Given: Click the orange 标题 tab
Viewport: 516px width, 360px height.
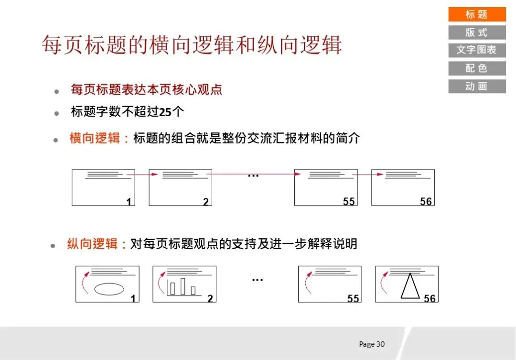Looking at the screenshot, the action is coord(476,14).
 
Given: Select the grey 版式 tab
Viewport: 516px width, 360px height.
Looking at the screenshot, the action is coord(476,33).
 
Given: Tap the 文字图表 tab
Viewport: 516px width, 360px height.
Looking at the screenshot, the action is coord(476,50).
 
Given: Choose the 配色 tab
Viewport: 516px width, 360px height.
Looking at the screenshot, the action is coord(476,68).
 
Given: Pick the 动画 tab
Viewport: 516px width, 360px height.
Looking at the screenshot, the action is coord(476,86).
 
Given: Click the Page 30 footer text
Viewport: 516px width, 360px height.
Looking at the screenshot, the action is coord(372,344).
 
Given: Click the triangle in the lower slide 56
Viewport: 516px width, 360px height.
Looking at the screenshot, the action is coord(409,286).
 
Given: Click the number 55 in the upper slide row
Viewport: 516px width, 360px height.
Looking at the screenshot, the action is coord(349,201).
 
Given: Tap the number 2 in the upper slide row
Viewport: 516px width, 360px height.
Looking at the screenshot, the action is coord(206,202).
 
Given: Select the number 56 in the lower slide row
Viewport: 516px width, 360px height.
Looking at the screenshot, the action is coord(430,298).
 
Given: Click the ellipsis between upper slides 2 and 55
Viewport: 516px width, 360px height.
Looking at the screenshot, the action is coord(253,175).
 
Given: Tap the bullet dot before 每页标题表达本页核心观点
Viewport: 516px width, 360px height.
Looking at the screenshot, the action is coord(57,91).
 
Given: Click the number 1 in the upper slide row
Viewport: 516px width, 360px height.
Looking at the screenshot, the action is coord(129,202).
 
